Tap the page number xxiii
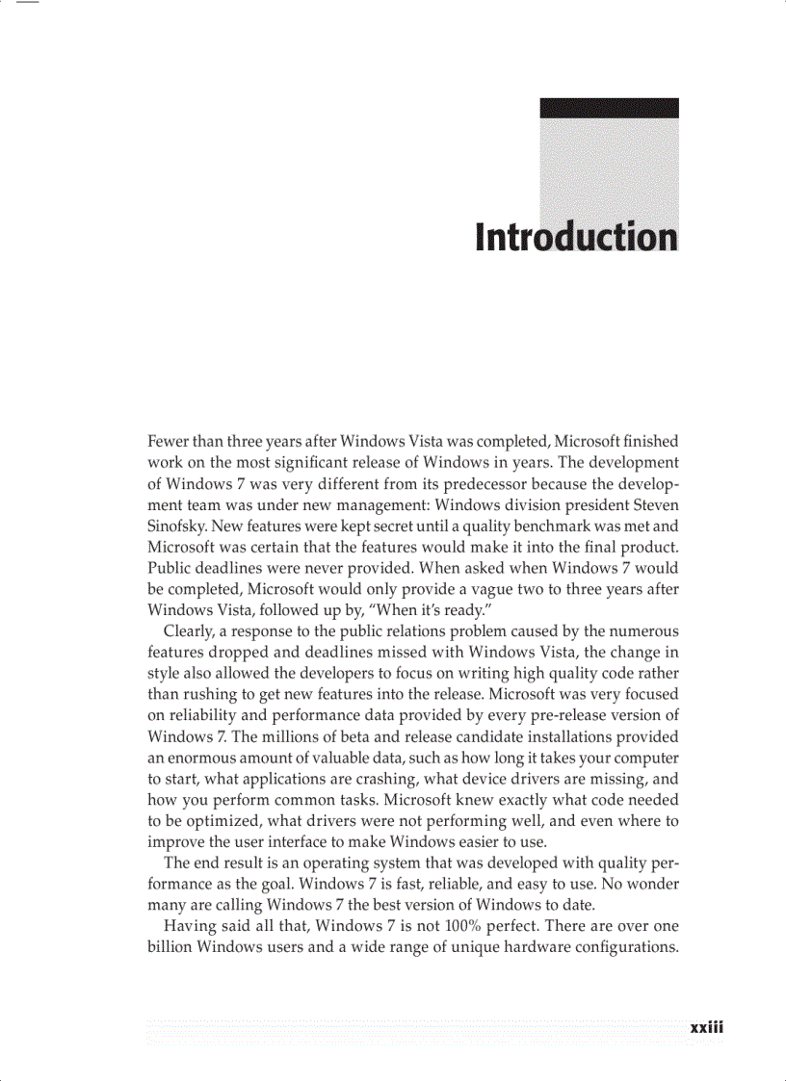[x=706, y=1027]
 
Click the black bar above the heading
[x=609, y=108]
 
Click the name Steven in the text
[x=654, y=504]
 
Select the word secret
[x=397, y=526]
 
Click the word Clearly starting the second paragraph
[x=190, y=631]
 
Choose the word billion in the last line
[x=169, y=947]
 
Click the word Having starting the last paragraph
[x=189, y=926]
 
